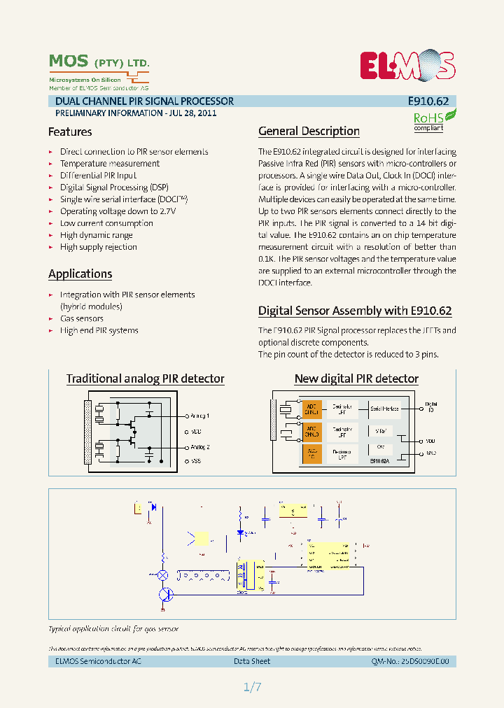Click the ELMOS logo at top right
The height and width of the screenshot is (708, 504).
click(x=407, y=66)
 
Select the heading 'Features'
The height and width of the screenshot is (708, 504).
click(x=70, y=132)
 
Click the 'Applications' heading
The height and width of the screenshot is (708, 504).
click(x=80, y=274)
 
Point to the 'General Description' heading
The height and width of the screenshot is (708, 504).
click(x=309, y=131)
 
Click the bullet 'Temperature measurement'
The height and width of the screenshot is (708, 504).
click(x=109, y=164)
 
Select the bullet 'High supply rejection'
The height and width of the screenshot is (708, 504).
click(x=98, y=247)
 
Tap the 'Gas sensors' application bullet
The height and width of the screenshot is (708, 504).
click(x=81, y=318)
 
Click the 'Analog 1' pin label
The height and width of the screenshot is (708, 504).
click(x=199, y=416)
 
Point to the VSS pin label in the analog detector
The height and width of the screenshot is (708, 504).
click(x=196, y=462)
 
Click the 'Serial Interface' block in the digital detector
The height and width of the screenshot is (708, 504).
click(x=384, y=409)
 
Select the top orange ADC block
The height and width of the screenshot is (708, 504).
click(x=312, y=409)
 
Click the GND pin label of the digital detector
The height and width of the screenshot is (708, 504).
click(x=431, y=453)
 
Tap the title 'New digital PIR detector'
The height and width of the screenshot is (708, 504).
click(x=356, y=378)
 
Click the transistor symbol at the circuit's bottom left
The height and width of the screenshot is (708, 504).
click(x=164, y=595)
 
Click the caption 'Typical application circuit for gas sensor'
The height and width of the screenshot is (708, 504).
click(x=113, y=629)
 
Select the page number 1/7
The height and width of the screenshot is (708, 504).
click(x=252, y=687)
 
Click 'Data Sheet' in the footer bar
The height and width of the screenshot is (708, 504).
click(x=252, y=661)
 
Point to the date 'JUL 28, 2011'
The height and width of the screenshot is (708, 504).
click(x=192, y=113)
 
